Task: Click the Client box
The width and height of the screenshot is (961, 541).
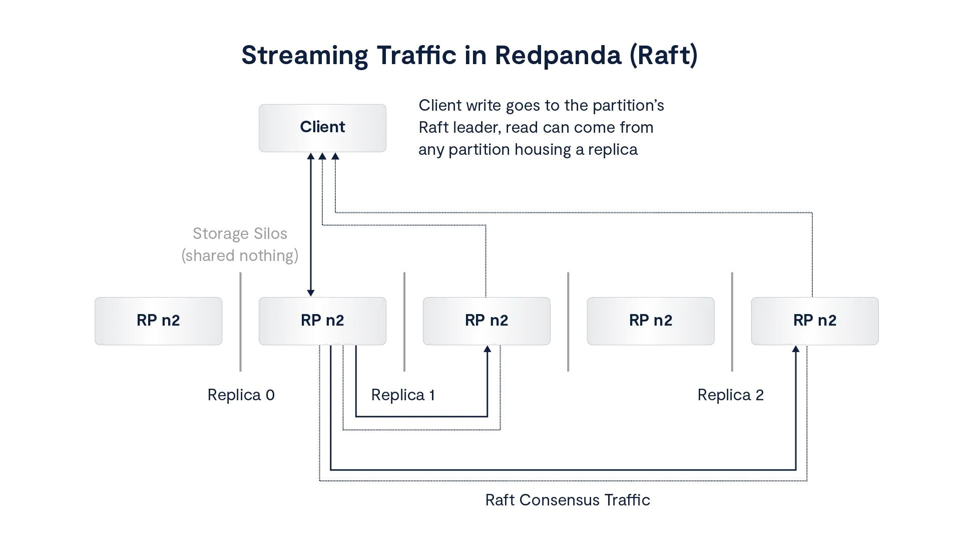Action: click(x=322, y=127)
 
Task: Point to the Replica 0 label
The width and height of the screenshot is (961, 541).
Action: click(x=242, y=395)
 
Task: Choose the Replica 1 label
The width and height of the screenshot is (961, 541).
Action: click(x=403, y=395)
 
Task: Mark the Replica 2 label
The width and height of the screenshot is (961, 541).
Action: click(x=730, y=395)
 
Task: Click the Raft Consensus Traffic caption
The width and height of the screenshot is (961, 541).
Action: click(x=568, y=501)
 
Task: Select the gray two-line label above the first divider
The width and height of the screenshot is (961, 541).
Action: click(x=240, y=244)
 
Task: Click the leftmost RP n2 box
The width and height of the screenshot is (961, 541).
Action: click(x=158, y=321)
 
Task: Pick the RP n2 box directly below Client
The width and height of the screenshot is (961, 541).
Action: click(x=322, y=321)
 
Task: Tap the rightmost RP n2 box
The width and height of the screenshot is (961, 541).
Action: click(x=814, y=321)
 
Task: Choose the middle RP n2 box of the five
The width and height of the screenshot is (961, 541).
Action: click(x=486, y=321)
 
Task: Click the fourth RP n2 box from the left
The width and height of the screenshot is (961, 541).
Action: click(x=650, y=321)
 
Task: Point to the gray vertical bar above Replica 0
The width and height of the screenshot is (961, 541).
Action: click(x=240, y=321)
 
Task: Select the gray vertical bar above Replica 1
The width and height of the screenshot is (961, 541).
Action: click(x=404, y=321)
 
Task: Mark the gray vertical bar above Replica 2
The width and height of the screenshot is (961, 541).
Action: click(x=733, y=321)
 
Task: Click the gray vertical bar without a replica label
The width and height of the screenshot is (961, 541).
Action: click(x=569, y=321)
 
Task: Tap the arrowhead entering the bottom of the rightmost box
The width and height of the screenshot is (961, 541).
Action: click(x=795, y=349)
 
